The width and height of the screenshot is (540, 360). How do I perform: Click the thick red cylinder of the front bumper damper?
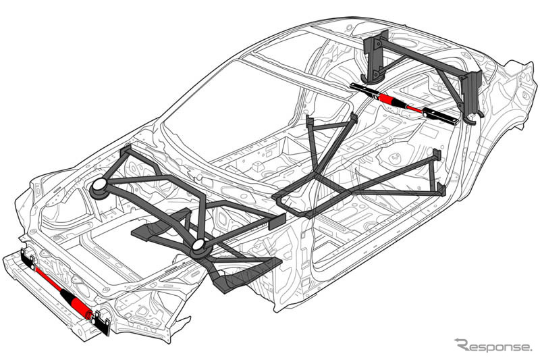pos(80,305)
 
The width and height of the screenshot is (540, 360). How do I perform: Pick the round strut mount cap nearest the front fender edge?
pos(99,187)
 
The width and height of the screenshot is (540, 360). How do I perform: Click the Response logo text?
pos(493,345)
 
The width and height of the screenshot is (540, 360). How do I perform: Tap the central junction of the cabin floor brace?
pos(318,186)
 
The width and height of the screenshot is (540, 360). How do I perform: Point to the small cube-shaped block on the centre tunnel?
pos(259,165)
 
